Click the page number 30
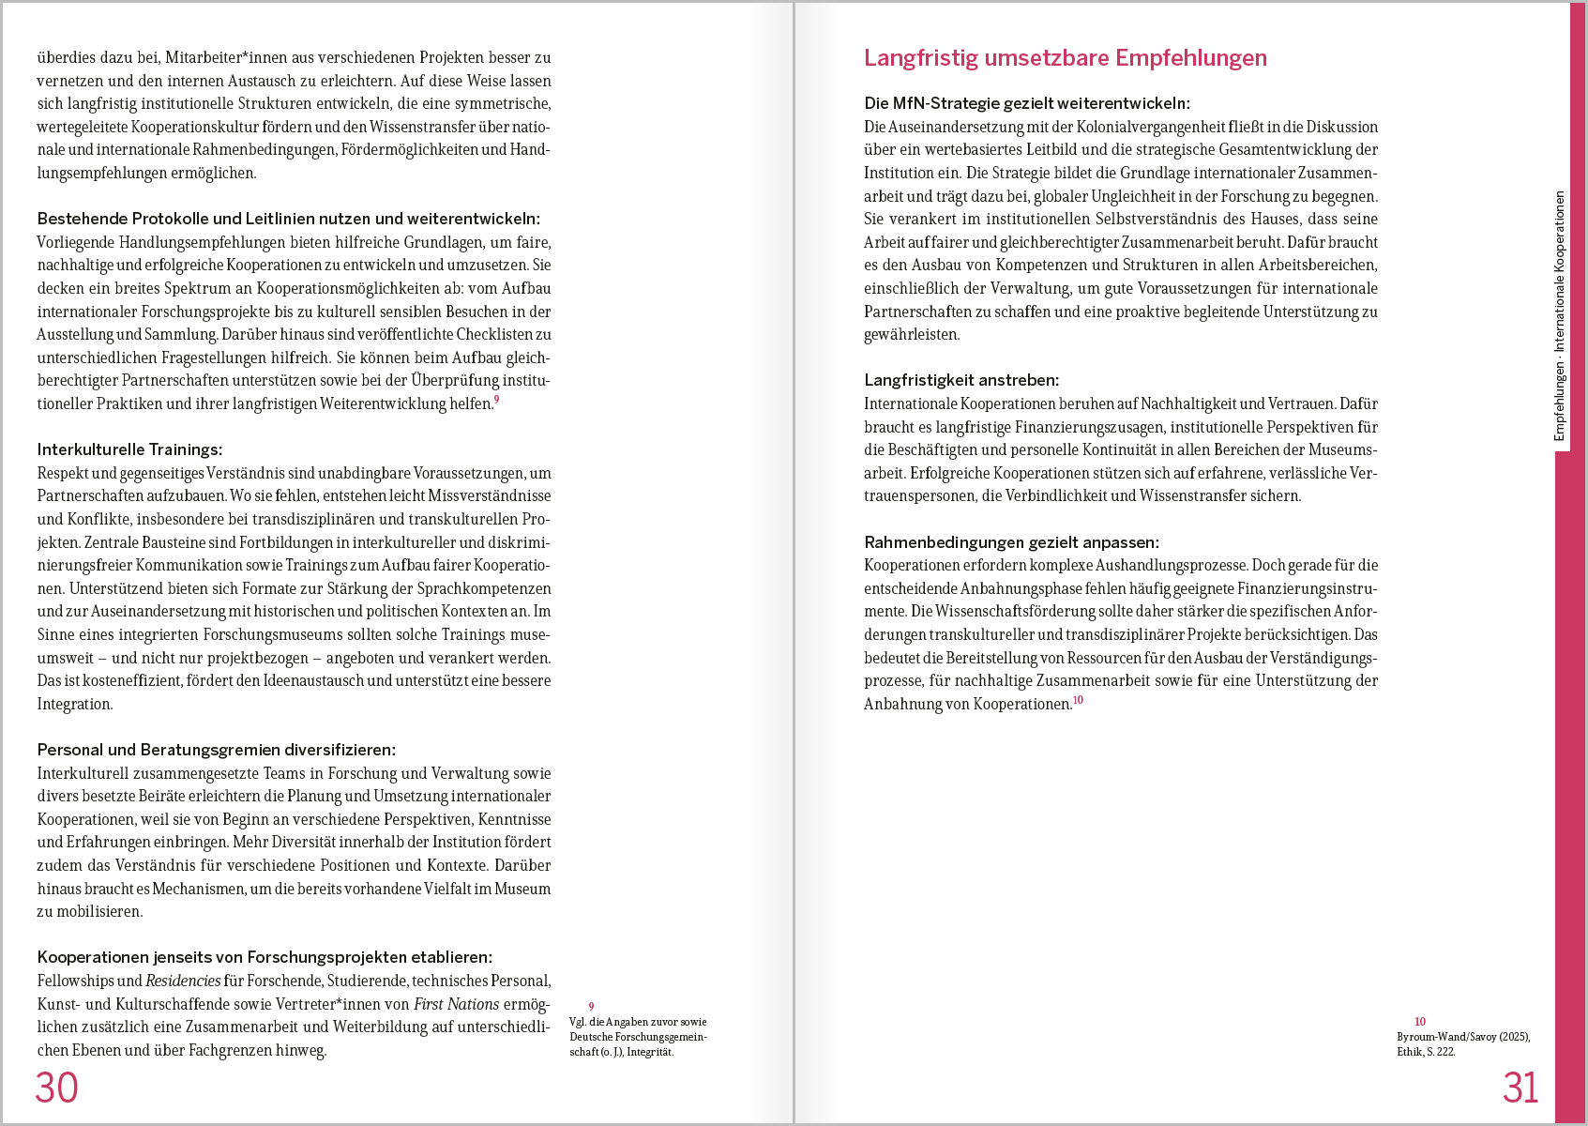pyautogui.click(x=56, y=1088)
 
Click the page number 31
pyautogui.click(x=1520, y=1088)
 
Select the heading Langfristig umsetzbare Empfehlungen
pyautogui.click(x=1065, y=58)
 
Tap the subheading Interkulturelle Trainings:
pyautogui.click(x=129, y=449)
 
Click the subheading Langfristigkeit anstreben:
pyautogui.click(x=961, y=380)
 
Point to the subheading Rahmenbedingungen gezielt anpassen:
pyautogui.click(x=1011, y=542)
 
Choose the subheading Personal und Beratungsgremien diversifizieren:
pyautogui.click(x=217, y=750)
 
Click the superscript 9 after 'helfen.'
pyautogui.click(x=497, y=400)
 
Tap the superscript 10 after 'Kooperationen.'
pyautogui.click(x=1078, y=700)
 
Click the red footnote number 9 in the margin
pyautogui.click(x=591, y=1007)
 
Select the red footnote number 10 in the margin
pyautogui.click(x=1420, y=1022)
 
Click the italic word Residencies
pyautogui.click(x=183, y=981)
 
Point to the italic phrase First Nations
pyautogui.click(x=456, y=1004)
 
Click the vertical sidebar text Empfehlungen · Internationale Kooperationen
pyautogui.click(x=1560, y=316)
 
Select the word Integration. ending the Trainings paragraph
pyautogui.click(x=75, y=704)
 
